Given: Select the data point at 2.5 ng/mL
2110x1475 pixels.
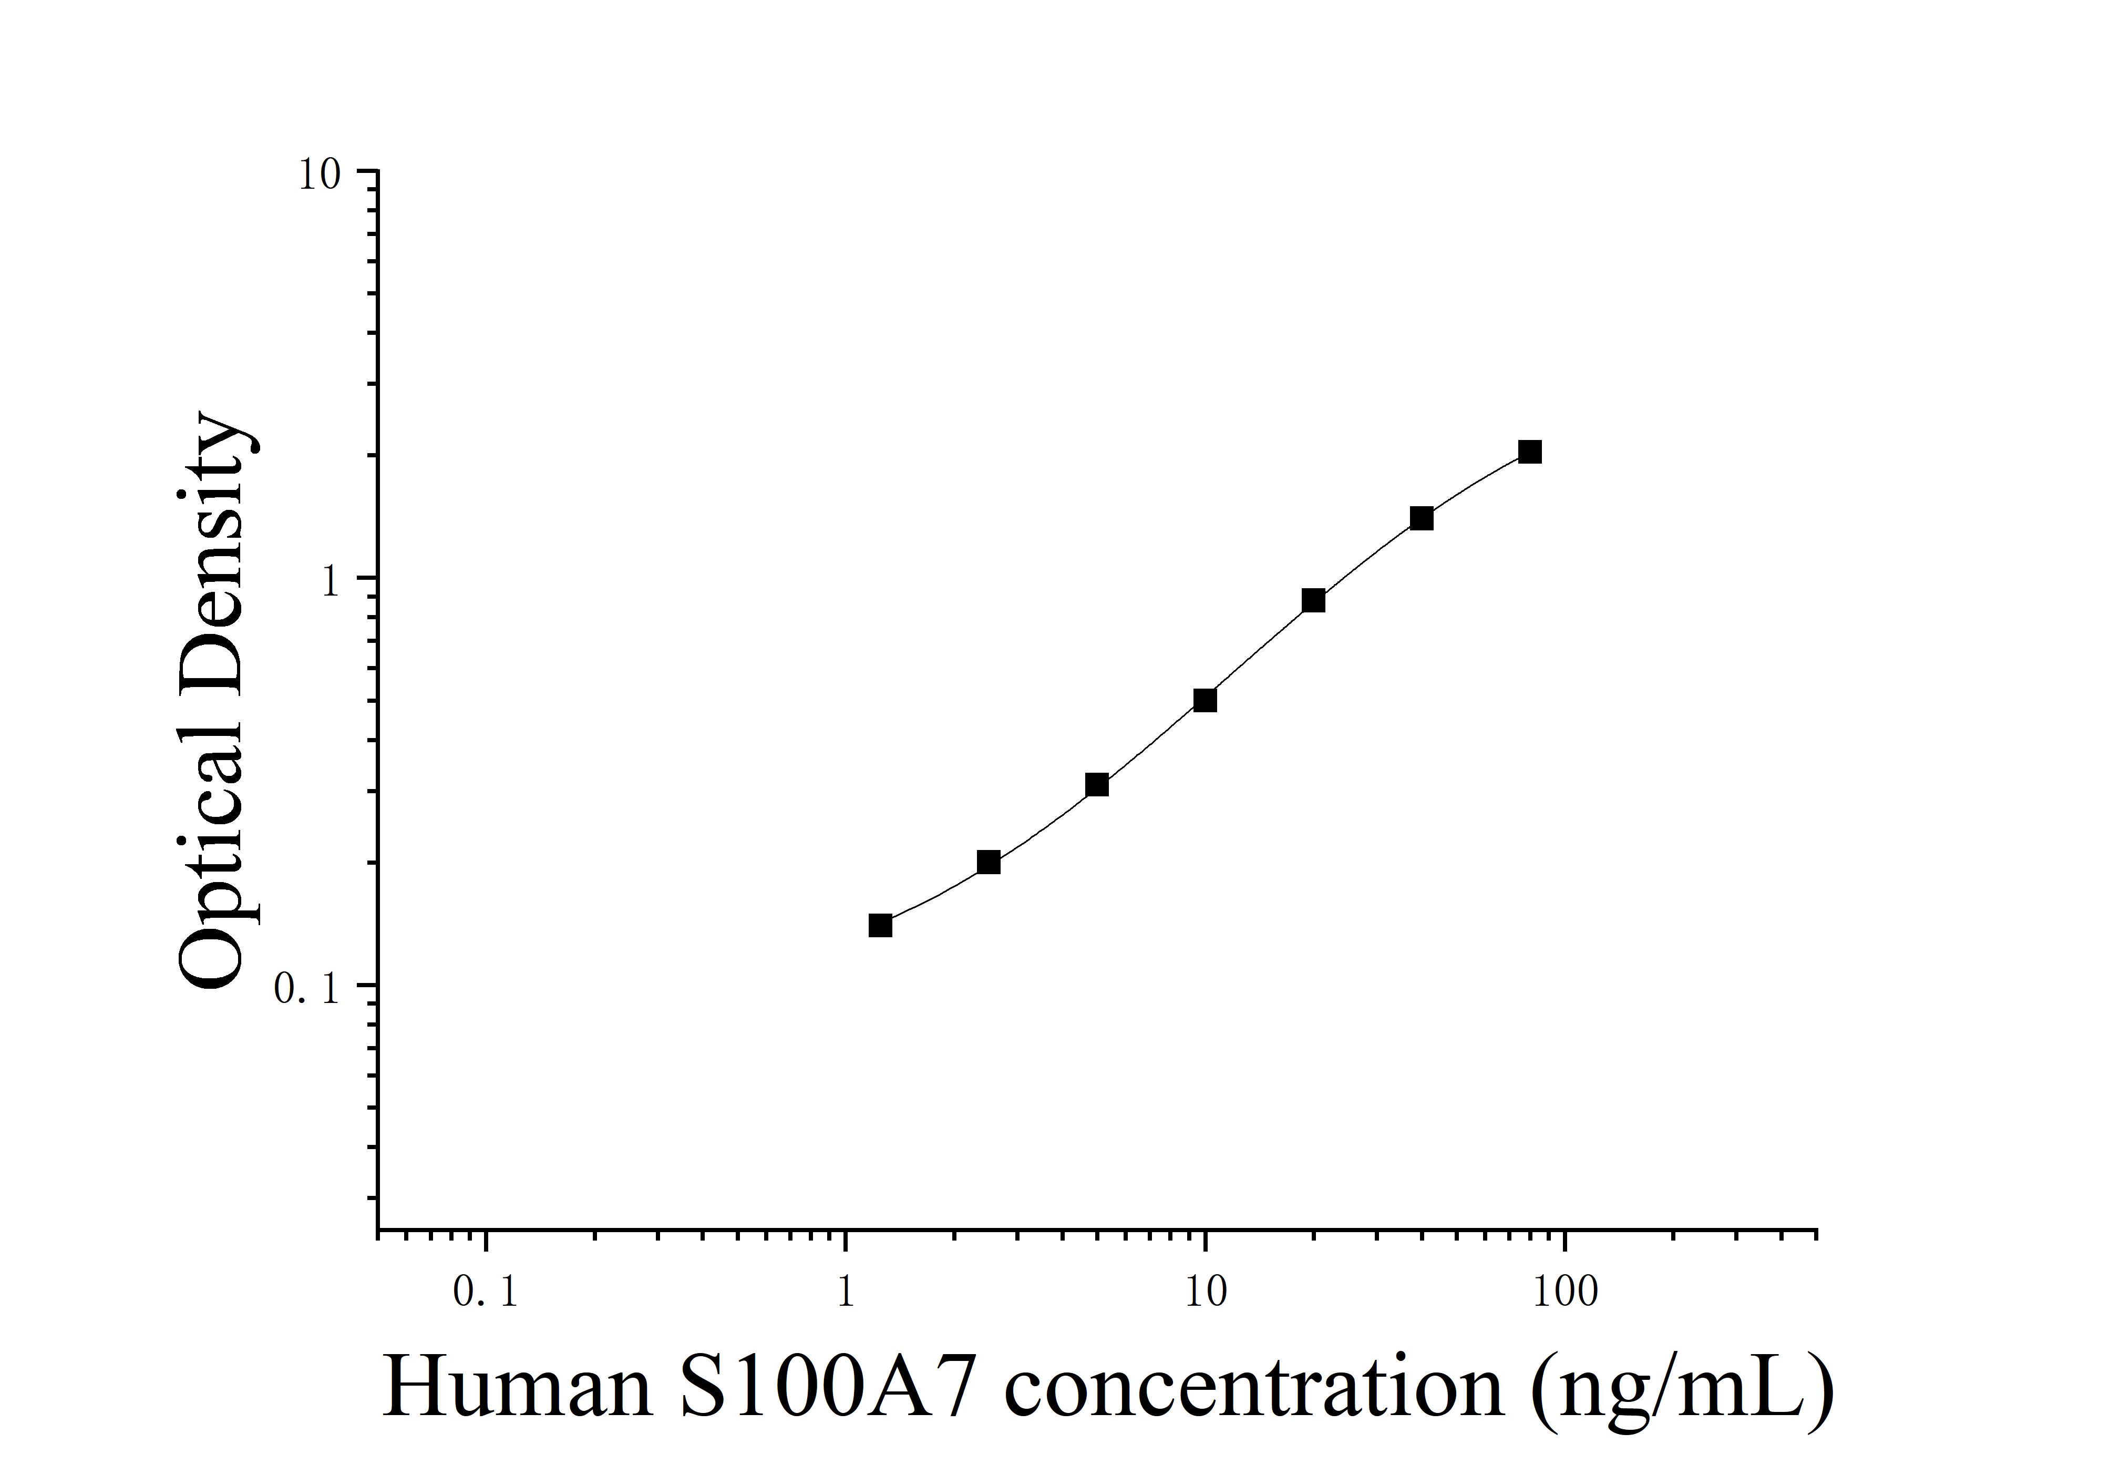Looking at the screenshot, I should click(988, 862).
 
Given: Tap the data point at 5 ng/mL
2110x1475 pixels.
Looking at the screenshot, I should click(1096, 785).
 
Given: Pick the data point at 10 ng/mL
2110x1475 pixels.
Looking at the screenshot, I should click(1205, 700).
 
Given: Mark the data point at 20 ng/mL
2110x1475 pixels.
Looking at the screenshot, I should click(1313, 601).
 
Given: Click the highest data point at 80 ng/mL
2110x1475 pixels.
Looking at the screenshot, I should click(1529, 452).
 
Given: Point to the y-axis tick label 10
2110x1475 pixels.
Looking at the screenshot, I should click(319, 175).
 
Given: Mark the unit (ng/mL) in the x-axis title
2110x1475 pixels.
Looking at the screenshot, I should click(1682, 1389).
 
